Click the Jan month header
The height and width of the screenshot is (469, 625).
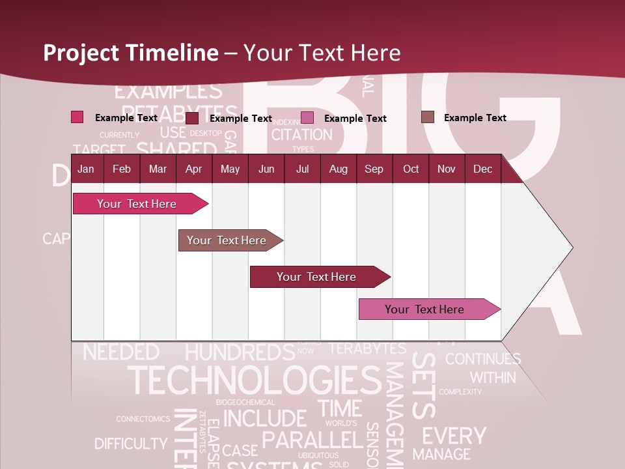[86, 169]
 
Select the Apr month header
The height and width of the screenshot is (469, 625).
[193, 169]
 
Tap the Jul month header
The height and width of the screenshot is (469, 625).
[302, 169]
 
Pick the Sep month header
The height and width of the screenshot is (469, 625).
[374, 169]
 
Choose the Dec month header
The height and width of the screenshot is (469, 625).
[482, 169]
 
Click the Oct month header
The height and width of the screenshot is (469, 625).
[411, 169]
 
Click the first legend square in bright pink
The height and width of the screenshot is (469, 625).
[77, 117]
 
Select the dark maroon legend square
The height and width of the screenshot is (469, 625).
[192, 118]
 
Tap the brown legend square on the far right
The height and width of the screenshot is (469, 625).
[427, 117]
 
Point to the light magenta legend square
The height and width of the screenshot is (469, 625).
[307, 118]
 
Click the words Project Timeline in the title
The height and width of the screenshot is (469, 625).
[131, 53]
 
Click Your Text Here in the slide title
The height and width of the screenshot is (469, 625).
[322, 53]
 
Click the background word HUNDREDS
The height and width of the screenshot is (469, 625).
[240, 352]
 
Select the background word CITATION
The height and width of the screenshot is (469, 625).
[301, 135]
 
